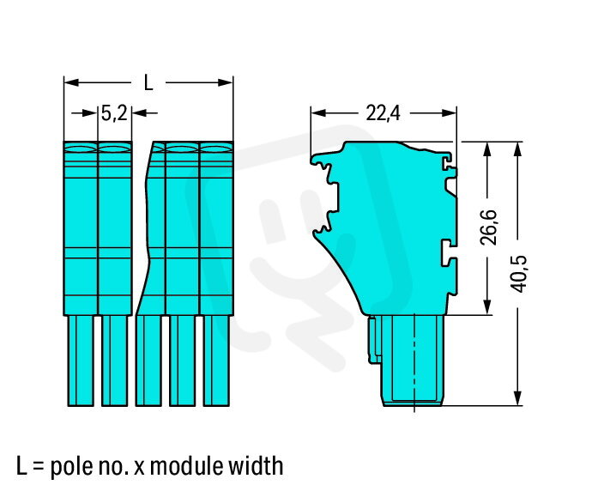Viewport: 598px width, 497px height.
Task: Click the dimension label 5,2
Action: tap(114, 113)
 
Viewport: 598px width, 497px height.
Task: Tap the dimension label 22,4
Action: tap(383, 113)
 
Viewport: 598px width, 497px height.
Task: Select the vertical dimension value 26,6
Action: tap(488, 227)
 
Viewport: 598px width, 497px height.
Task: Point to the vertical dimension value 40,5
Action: tap(519, 274)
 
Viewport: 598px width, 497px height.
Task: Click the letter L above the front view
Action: tap(148, 82)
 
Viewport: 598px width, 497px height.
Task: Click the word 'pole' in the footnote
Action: tap(70, 466)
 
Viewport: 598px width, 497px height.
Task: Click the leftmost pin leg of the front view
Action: tap(81, 361)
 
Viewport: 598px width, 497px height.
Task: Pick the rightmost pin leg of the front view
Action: tap(216, 361)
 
